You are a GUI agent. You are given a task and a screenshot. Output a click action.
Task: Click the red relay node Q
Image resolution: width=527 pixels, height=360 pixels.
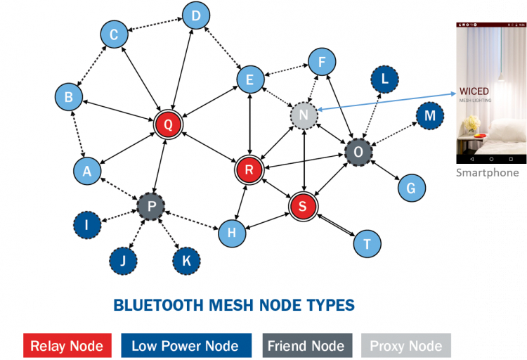pos(168,124)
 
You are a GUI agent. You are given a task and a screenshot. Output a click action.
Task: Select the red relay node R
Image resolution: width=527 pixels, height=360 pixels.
pos(249,169)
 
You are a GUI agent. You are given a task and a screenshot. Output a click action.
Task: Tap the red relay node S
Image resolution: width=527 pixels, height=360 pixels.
pos(303,205)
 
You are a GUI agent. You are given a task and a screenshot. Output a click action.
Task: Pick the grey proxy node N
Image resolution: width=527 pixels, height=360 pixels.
pos(304,115)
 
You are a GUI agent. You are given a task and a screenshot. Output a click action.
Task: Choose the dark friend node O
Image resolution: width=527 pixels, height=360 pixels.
pos(358,152)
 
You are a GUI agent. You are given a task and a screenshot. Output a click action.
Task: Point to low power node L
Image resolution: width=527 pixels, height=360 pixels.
pos(384,79)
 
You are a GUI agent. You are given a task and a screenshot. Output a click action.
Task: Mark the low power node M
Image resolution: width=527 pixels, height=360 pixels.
pos(429,115)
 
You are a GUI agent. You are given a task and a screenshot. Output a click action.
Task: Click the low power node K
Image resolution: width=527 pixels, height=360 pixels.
pos(187,260)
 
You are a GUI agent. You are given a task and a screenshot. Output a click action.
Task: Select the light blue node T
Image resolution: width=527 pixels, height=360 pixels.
pos(366,243)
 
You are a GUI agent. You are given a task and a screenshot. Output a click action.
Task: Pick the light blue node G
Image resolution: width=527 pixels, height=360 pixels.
pos(411,188)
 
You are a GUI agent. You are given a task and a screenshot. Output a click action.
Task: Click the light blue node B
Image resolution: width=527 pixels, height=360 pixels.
pos(69,97)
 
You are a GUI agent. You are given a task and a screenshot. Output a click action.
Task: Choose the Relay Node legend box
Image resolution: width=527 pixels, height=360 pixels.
pos(67,345)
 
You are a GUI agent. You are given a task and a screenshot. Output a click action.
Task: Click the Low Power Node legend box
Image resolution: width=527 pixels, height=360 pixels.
pos(186,345)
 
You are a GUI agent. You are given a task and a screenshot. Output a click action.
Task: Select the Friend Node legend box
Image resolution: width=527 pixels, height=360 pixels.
pos(306,345)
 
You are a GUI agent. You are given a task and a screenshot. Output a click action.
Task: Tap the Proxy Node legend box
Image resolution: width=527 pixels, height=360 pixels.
pos(405,345)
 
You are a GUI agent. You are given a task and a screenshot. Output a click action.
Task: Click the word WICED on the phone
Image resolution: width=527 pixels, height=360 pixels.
pos(474,91)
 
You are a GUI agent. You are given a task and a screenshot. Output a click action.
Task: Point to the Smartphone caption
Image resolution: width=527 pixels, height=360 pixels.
pos(487,172)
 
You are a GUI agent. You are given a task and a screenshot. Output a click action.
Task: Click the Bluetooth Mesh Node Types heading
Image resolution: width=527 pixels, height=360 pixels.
pos(234,305)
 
